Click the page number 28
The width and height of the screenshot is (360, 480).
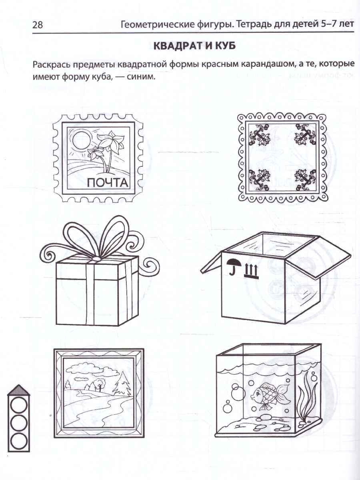[x=38, y=25]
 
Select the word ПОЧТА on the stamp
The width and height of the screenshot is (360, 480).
[x=108, y=182]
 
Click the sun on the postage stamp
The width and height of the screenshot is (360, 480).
[x=81, y=140]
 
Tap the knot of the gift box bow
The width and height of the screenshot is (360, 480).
[x=96, y=259]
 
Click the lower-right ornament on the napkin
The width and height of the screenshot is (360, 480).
[x=305, y=180]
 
